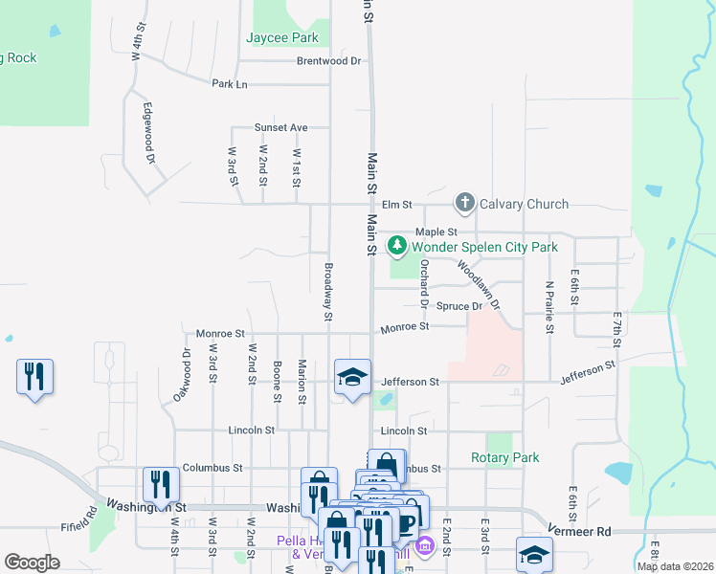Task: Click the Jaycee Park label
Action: pyautogui.click(x=281, y=38)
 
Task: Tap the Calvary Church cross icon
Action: pyautogui.click(x=464, y=203)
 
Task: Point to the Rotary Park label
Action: pyautogui.click(x=505, y=457)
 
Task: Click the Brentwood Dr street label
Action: pyautogui.click(x=329, y=60)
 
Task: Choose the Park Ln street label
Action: pyautogui.click(x=230, y=84)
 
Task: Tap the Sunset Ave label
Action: pyautogui.click(x=280, y=127)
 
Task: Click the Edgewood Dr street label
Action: pyautogui.click(x=148, y=134)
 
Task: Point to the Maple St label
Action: pyautogui.click(x=436, y=232)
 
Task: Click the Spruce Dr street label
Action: pyautogui.click(x=459, y=306)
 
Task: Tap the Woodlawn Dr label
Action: pyautogui.click(x=480, y=284)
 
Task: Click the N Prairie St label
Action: pyautogui.click(x=549, y=307)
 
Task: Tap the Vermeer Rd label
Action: pyautogui.click(x=578, y=530)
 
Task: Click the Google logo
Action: pyautogui.click(x=32, y=563)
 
